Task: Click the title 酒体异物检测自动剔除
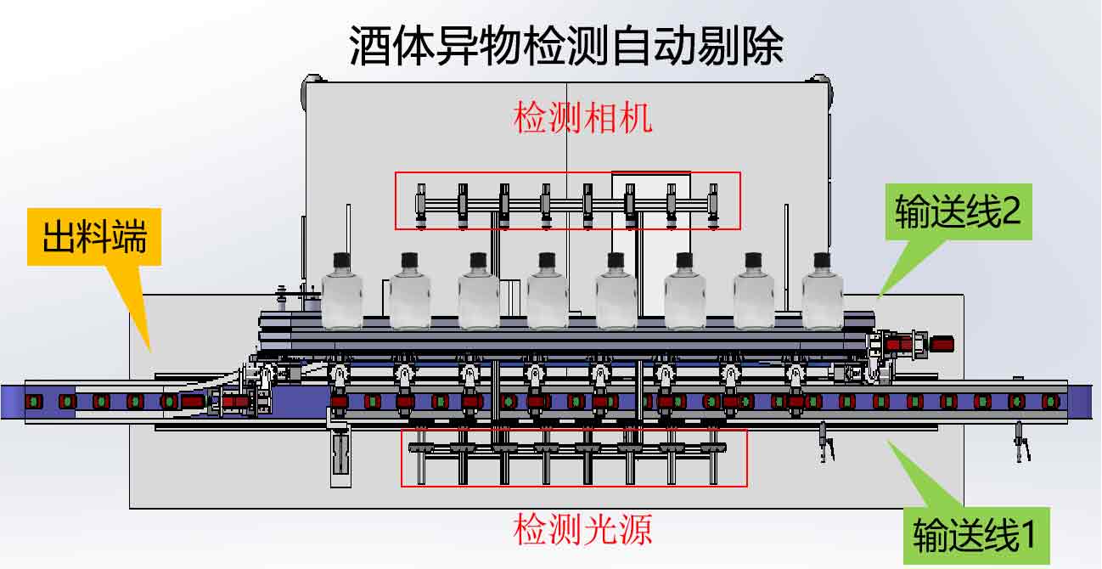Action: [566, 46]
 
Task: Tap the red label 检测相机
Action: [582, 118]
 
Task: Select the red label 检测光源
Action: [582, 530]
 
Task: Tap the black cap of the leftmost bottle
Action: [341, 258]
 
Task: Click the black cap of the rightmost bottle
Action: [822, 258]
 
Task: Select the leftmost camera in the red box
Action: [420, 204]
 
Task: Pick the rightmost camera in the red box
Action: [713, 204]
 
